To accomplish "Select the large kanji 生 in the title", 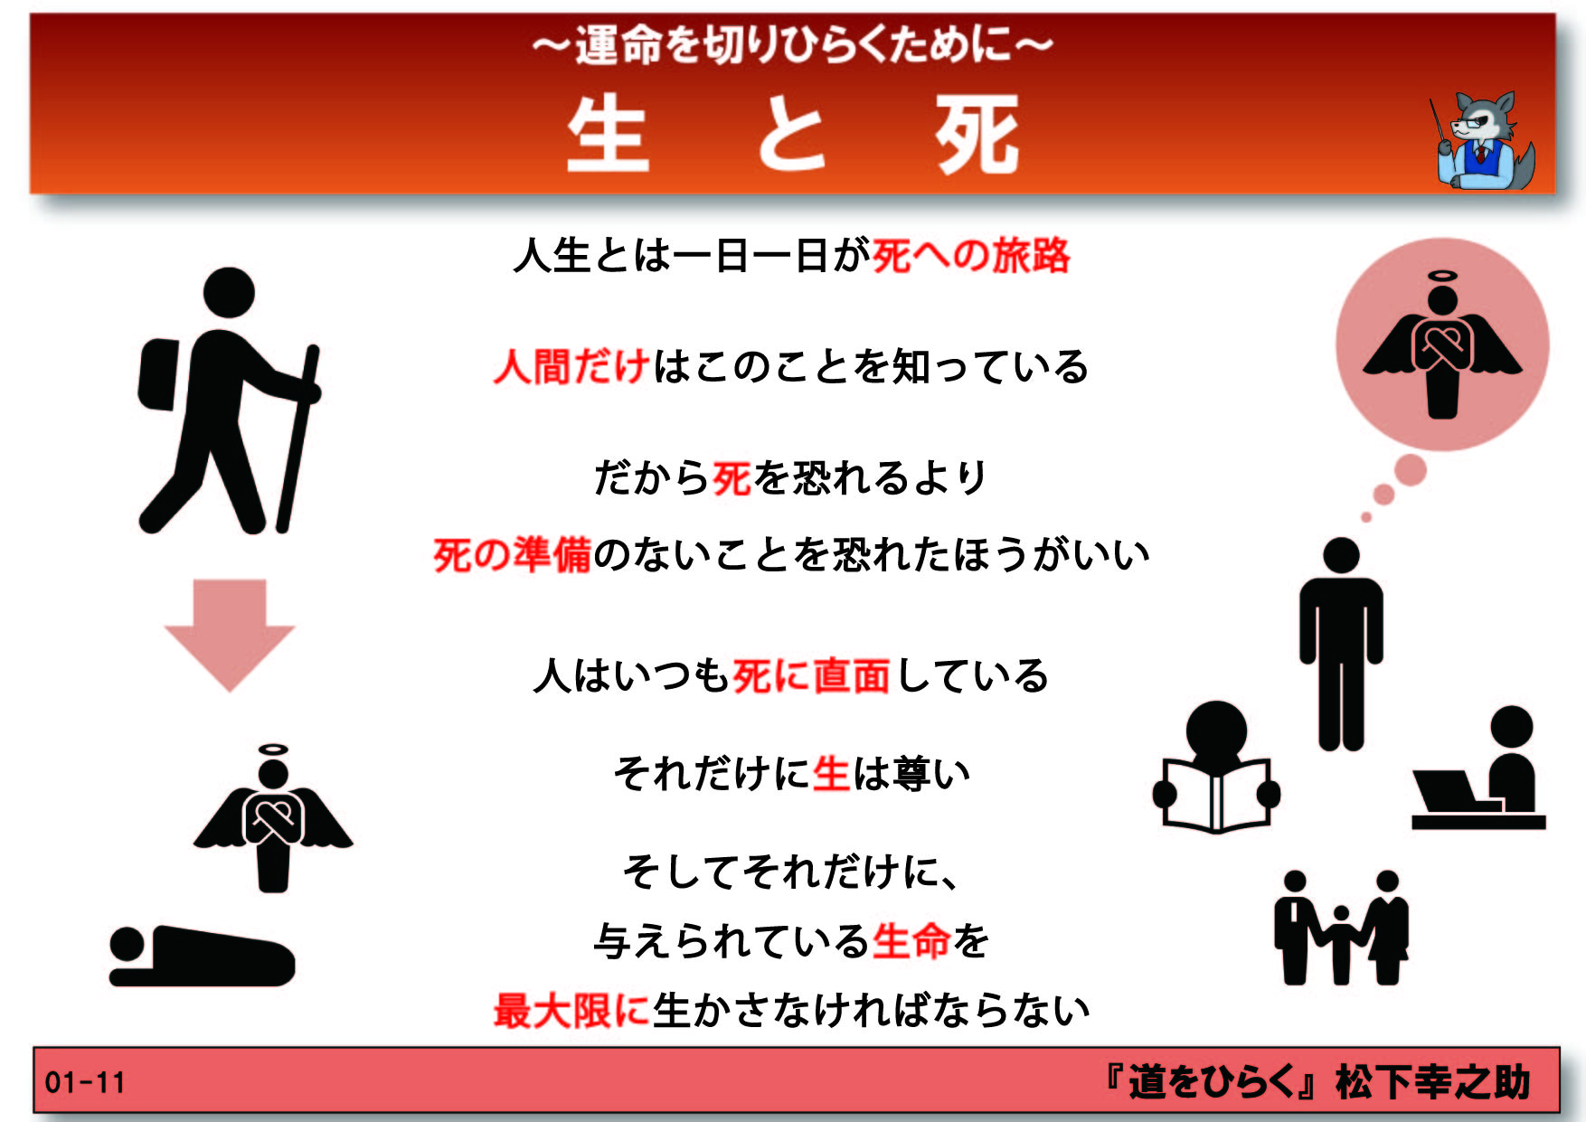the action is [x=608, y=135].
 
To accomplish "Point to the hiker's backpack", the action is [x=159, y=374].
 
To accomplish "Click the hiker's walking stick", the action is [x=297, y=438].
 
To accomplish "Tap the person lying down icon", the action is [x=202, y=956].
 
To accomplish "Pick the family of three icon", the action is [x=1341, y=928].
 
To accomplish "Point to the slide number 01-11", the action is [x=85, y=1082].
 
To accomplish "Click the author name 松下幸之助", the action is [x=1432, y=1082].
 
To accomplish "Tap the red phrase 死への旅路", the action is [x=971, y=256].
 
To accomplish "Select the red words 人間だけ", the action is [x=571, y=367].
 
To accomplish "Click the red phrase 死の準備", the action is [x=512, y=554].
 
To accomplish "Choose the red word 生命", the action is [x=911, y=941].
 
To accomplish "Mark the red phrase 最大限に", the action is [x=571, y=1010].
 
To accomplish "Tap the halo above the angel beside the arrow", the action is [x=273, y=750].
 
